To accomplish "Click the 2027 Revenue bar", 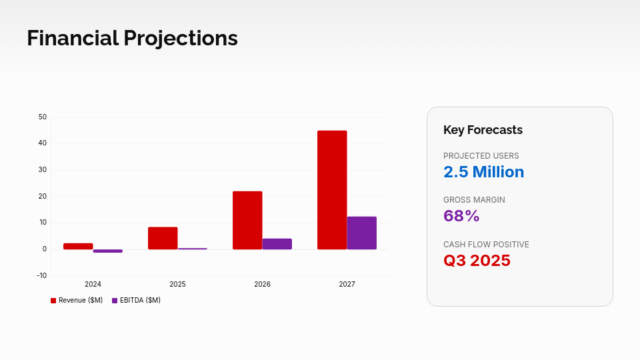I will tap(332, 190).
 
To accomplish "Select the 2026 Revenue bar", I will tap(247, 220).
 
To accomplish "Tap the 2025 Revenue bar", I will tap(163, 238).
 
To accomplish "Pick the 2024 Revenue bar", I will tap(78, 246).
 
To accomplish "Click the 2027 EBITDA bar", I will tap(361, 233).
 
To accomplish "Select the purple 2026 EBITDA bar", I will tap(277, 244).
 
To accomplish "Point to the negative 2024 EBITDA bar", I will tap(107, 251).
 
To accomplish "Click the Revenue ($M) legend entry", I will tap(77, 301).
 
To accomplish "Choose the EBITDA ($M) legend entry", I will tap(136, 301).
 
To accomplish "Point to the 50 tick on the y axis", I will tap(43, 117).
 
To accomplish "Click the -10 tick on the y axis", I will tap(42, 276).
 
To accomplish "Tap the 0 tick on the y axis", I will tap(45, 249).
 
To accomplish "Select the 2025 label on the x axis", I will tap(177, 285).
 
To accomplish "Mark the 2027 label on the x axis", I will tap(347, 285).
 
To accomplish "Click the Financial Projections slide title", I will tap(132, 38).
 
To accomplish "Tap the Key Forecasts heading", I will tap(483, 130).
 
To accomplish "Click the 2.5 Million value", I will tap(483, 172).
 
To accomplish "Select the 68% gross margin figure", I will tap(461, 216).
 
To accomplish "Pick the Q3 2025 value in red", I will tap(477, 261).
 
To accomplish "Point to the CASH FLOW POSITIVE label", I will tap(486, 245).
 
